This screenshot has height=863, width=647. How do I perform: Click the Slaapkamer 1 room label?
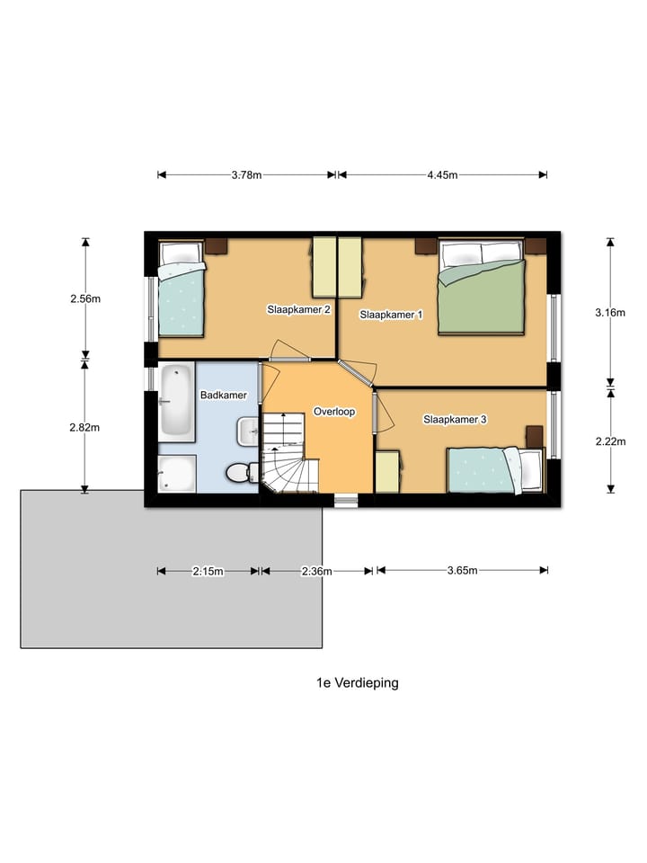click(x=391, y=315)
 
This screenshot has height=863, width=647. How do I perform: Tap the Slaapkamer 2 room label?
click(x=298, y=309)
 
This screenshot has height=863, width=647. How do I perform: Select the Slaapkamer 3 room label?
click(x=455, y=420)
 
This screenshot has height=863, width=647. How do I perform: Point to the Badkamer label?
click(x=224, y=396)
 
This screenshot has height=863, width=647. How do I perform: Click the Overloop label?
click(x=334, y=412)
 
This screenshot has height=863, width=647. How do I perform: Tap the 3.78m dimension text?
click(x=246, y=175)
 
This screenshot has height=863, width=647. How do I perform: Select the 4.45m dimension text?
click(x=442, y=175)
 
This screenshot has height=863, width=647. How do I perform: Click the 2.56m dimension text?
click(x=85, y=298)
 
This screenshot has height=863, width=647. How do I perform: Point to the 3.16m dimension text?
click(x=610, y=313)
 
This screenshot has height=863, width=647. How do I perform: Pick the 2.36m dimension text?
click(x=317, y=572)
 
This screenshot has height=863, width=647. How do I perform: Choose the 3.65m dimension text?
click(x=462, y=570)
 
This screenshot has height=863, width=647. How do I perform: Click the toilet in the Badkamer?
click(x=243, y=472)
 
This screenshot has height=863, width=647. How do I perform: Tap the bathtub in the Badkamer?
click(x=177, y=402)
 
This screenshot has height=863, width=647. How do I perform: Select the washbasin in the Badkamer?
click(x=248, y=431)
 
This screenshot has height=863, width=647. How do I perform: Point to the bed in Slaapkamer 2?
click(x=182, y=289)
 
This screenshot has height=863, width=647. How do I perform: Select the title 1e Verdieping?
click(x=358, y=683)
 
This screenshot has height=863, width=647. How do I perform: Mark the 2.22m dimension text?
click(x=611, y=441)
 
